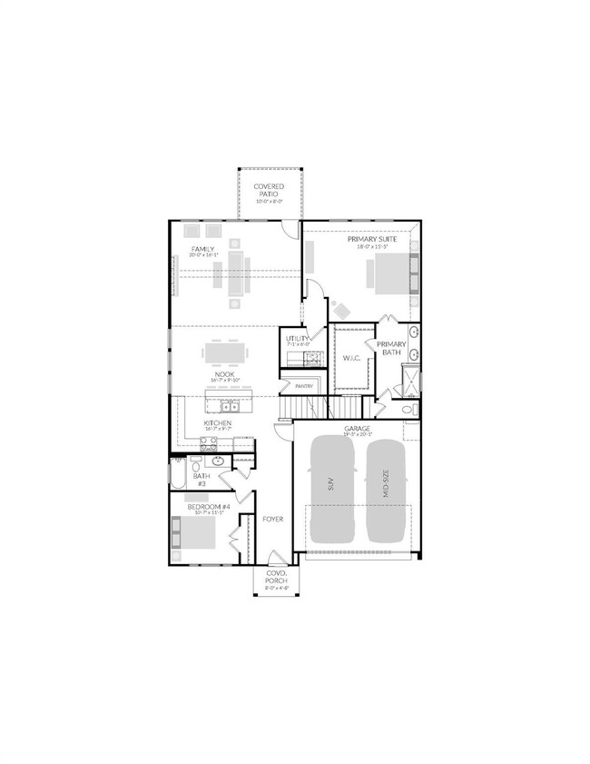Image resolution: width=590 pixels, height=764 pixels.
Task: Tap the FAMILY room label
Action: [202, 248]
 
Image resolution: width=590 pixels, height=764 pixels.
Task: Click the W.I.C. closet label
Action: [351, 358]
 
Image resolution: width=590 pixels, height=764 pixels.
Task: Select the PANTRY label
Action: [304, 386]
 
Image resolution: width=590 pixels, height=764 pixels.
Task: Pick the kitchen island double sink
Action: [227, 404]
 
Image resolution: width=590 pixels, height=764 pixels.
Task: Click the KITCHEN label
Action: [217, 423]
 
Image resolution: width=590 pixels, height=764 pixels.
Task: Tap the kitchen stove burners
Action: [207, 443]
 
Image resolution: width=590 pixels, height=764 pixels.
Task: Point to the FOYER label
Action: [273, 520]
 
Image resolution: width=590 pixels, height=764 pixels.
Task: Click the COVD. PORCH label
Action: [276, 578]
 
